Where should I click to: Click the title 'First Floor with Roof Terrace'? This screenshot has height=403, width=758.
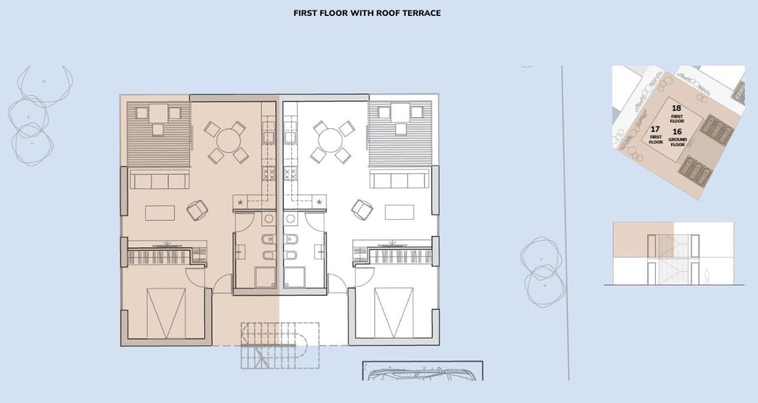pyautogui.click(x=367, y=13)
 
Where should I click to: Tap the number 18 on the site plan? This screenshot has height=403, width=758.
pyautogui.click(x=677, y=108)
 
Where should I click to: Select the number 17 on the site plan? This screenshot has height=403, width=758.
pyautogui.click(x=655, y=129)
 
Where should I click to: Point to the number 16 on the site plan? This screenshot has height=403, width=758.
pyautogui.click(x=677, y=132)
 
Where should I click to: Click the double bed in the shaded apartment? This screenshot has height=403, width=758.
pyautogui.click(x=166, y=312)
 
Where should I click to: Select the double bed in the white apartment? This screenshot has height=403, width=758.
pyautogui.click(x=394, y=312)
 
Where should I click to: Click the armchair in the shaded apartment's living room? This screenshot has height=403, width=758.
pyautogui.click(x=198, y=209)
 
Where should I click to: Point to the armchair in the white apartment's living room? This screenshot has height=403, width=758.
pyautogui.click(x=362, y=209)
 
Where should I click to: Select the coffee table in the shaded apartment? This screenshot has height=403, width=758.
pyautogui.click(x=160, y=212)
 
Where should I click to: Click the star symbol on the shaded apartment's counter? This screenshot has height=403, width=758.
pyautogui.click(x=240, y=202)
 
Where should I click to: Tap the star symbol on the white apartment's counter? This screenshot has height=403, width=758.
pyautogui.click(x=319, y=202)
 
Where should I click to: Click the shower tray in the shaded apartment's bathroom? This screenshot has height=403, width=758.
pyautogui.click(x=265, y=278)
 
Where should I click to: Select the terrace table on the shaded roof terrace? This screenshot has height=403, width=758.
pyautogui.click(x=158, y=112)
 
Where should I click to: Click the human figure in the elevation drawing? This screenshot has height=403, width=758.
pyautogui.click(x=706, y=277)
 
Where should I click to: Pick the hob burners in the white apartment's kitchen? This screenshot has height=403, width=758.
pyautogui.click(x=290, y=174)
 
